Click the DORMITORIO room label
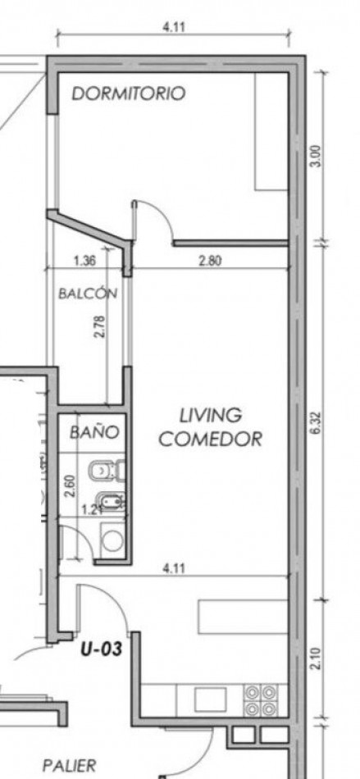[x=129, y=93]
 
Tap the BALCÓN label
[x=88, y=293]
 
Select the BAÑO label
[x=93, y=431]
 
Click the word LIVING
[x=210, y=416]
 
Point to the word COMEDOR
[x=210, y=439]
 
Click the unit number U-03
[x=102, y=649]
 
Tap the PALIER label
[x=69, y=765]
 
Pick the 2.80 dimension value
[x=210, y=260]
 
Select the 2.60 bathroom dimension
[x=70, y=486]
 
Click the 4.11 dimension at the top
[x=174, y=27]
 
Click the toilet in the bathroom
[x=106, y=470]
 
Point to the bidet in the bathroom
[x=107, y=501]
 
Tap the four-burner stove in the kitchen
[x=261, y=699]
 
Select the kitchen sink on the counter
[x=210, y=699]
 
